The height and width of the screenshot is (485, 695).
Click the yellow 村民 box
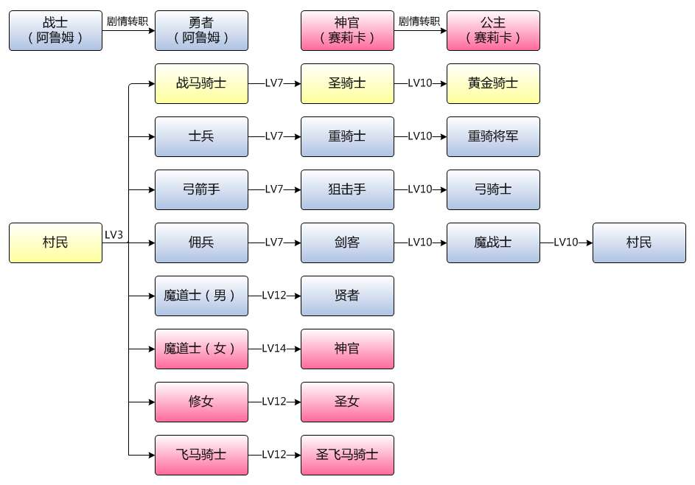click(x=55, y=242)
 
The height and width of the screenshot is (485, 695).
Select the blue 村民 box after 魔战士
click(x=639, y=242)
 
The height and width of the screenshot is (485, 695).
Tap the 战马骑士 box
click(x=201, y=83)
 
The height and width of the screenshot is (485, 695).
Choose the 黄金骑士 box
click(x=493, y=83)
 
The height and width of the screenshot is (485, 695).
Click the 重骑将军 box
click(x=493, y=136)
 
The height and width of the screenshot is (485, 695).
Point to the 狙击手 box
click(x=348, y=189)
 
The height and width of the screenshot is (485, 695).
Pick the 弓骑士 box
click(x=493, y=189)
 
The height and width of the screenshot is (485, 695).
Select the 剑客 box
click(x=348, y=242)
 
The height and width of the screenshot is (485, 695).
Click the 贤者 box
click(x=348, y=296)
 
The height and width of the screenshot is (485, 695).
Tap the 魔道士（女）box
click(x=201, y=349)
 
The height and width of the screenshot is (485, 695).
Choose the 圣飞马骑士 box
click(x=348, y=455)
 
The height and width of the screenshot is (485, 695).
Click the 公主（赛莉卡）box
click(x=493, y=31)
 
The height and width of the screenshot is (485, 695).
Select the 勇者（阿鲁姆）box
click(x=201, y=31)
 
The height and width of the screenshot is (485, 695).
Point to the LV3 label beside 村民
click(x=113, y=235)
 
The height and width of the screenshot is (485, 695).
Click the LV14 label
click(x=274, y=349)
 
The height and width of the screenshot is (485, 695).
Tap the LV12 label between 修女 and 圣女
click(x=274, y=402)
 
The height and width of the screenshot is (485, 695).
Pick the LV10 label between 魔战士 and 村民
click(x=566, y=242)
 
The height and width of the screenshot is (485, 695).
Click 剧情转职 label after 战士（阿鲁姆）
click(x=128, y=21)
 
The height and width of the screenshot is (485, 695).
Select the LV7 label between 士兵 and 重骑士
click(x=274, y=136)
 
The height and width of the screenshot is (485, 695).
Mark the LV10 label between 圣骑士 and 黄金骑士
click(x=420, y=83)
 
